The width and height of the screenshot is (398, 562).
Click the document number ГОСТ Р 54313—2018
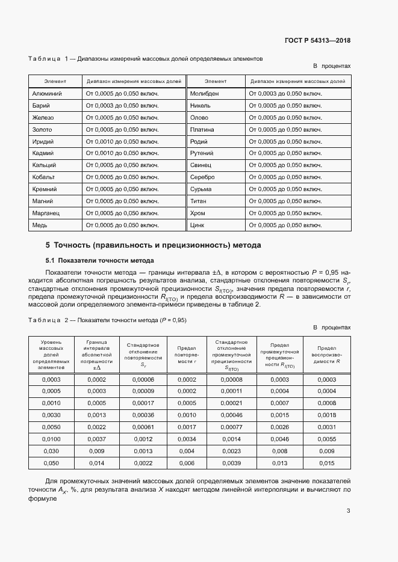317,41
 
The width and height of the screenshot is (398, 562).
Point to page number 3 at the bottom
348,511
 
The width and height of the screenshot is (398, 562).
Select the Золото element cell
42,129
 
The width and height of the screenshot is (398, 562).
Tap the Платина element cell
202,129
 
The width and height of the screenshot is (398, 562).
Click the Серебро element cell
202,177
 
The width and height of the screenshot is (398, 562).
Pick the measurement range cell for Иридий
122,141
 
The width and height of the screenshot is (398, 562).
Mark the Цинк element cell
197,225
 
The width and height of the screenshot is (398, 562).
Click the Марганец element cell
46,213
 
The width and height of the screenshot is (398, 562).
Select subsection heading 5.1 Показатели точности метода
99,260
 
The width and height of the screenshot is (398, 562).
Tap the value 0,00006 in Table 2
143,379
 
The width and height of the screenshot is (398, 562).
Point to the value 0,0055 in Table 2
326,439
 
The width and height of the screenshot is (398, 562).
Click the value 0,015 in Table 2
326,463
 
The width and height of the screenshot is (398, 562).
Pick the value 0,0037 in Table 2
96,439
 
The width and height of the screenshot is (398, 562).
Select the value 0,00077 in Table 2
231,427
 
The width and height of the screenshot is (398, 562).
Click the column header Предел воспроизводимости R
326,355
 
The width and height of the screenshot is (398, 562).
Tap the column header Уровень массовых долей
51,355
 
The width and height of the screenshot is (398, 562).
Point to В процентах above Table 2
331,328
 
